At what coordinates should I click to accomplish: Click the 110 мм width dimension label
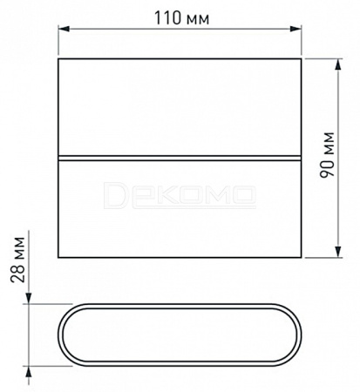pos(181,18)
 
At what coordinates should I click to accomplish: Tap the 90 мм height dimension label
pos(327,155)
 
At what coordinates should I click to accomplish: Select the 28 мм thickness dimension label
pos(17,260)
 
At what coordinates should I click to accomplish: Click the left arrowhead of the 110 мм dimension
pos(64,29)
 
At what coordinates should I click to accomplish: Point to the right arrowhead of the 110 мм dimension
pos(295,29)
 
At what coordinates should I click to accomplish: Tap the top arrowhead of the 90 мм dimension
pos(338,64)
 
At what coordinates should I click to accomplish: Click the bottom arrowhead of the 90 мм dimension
pos(338,252)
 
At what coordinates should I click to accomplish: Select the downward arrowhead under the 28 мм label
pos(29,298)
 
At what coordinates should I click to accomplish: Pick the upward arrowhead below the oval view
pos(29,372)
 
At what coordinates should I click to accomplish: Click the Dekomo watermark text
pos(180,195)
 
